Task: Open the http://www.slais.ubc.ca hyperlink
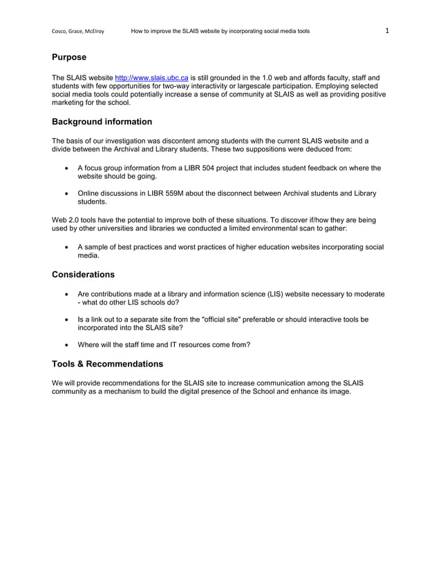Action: click(x=151, y=77)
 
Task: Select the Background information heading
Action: click(x=102, y=122)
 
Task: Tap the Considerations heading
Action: click(x=83, y=275)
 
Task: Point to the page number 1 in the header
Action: click(x=387, y=30)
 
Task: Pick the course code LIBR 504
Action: click(x=198, y=168)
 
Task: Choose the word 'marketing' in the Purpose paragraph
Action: click(x=69, y=103)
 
